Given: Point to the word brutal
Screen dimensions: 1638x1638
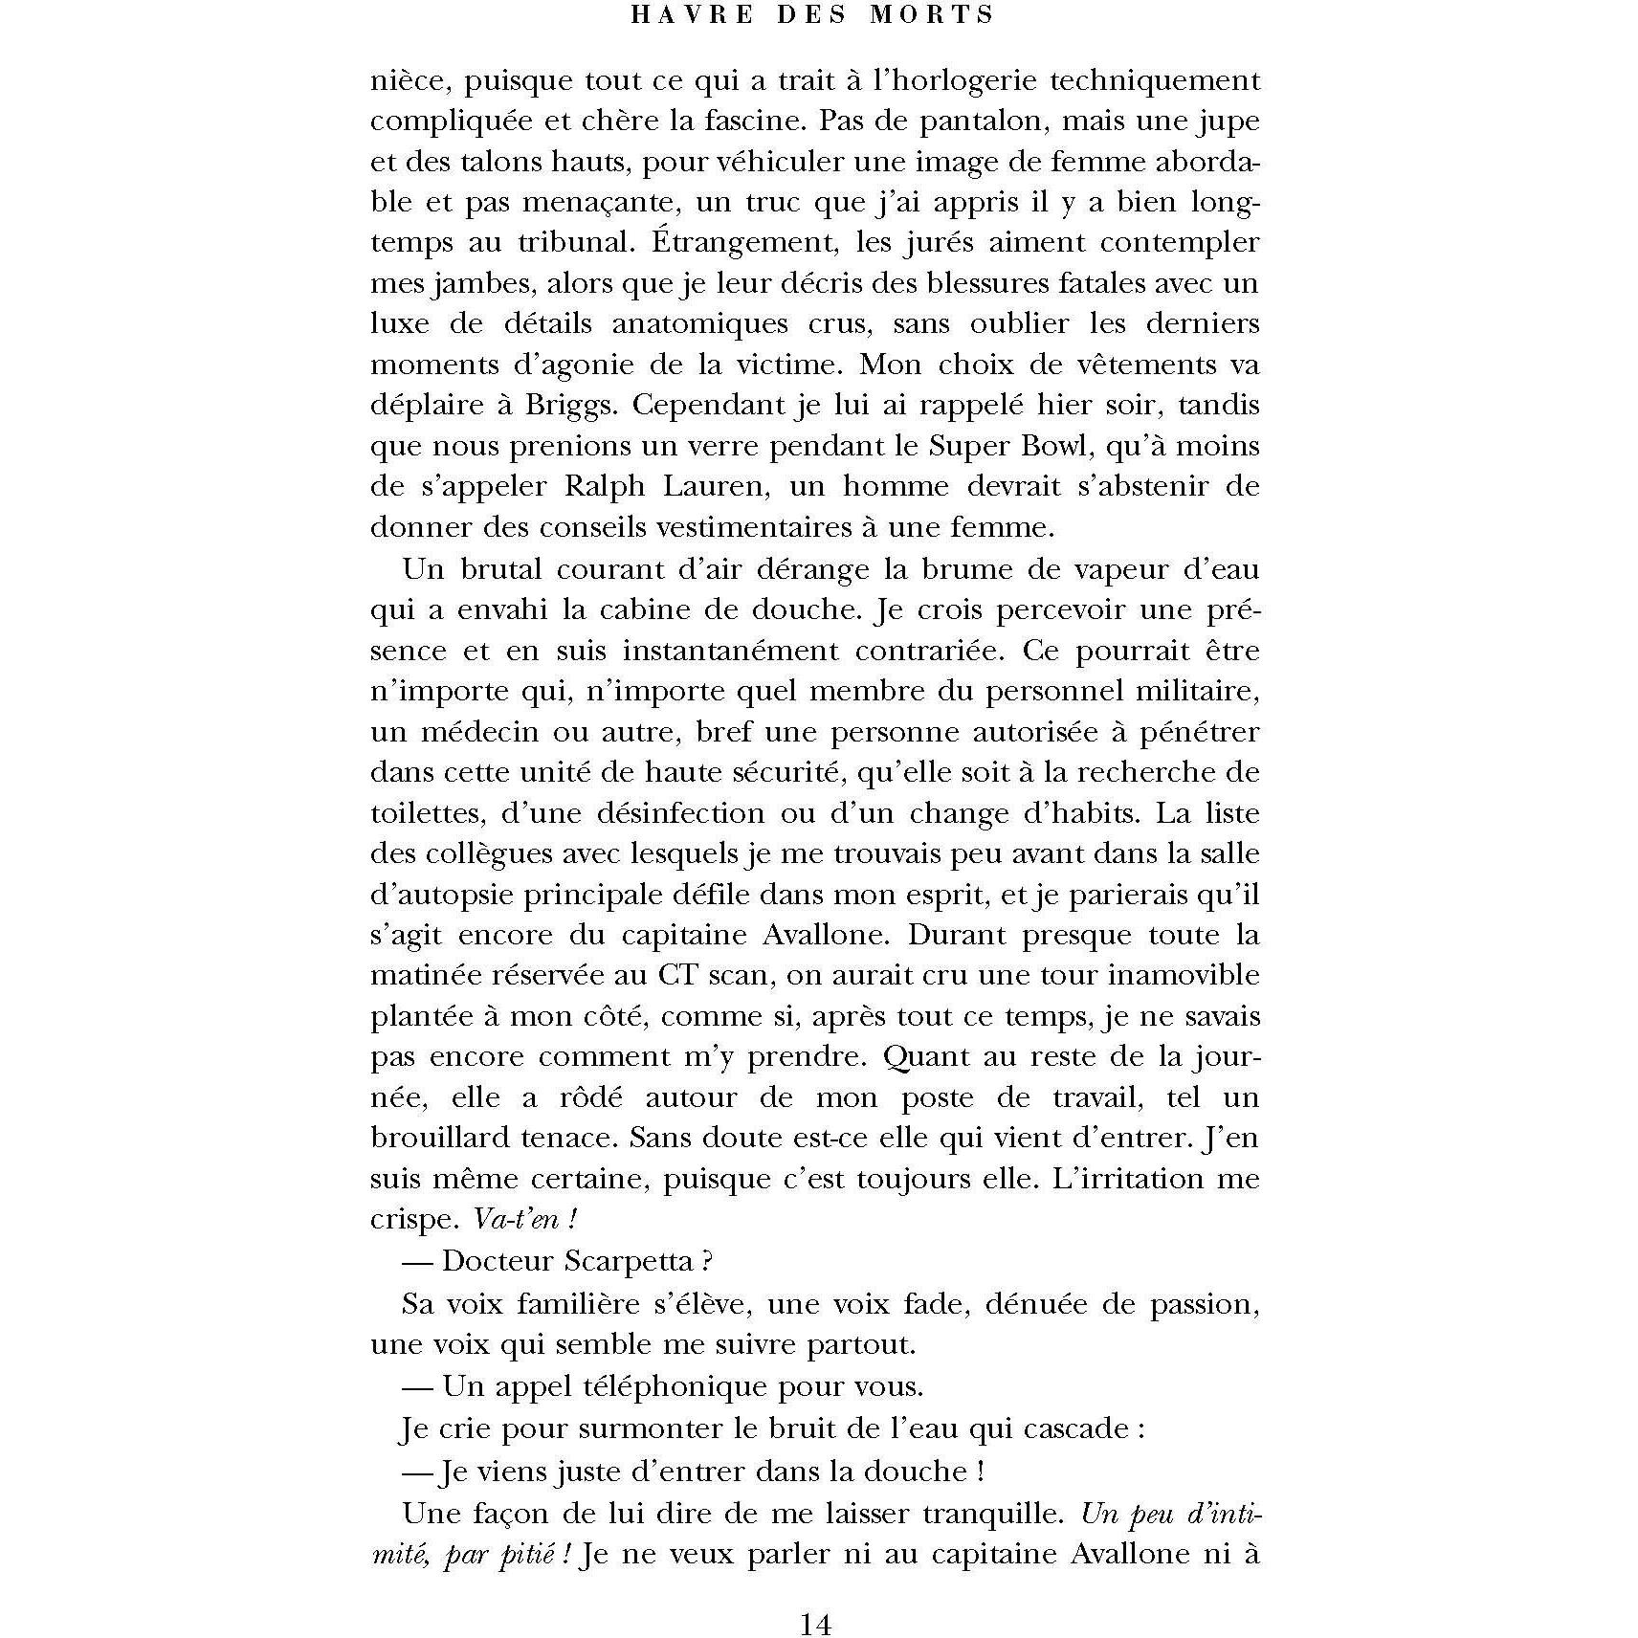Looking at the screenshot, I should click(x=500, y=569).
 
